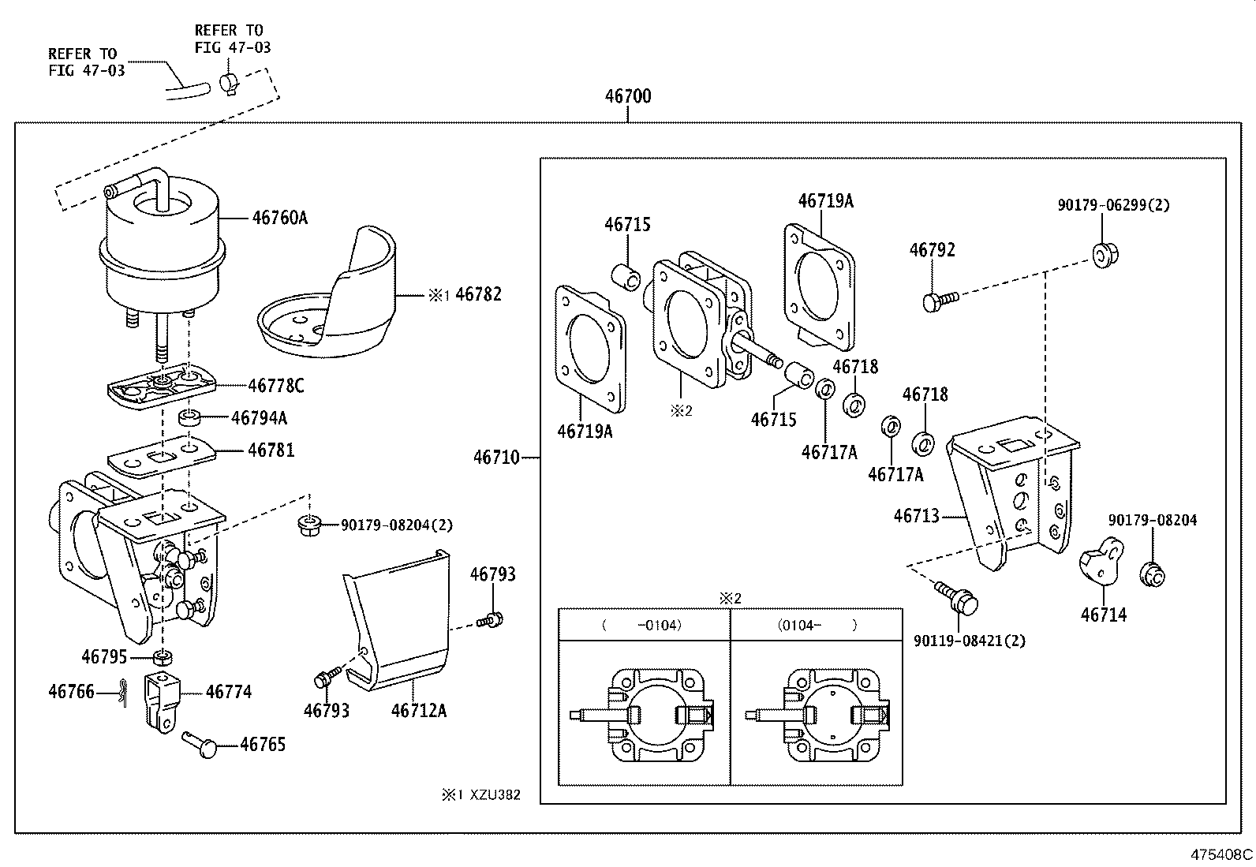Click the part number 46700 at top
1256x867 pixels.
click(628, 97)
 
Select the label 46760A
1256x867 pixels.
click(280, 217)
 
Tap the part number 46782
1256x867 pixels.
click(478, 294)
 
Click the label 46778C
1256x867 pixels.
click(276, 386)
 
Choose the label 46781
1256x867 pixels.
click(271, 450)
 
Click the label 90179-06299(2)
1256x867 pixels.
click(1113, 205)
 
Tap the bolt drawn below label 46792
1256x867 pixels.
click(938, 301)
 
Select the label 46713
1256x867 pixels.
click(916, 516)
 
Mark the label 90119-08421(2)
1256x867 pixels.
click(970, 641)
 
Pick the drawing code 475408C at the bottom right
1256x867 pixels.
click(1222, 854)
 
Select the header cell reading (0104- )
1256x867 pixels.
click(817, 625)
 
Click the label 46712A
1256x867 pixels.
click(419, 711)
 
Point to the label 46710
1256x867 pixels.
click(496, 457)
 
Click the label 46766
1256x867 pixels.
click(71, 692)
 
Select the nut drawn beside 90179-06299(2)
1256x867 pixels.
click(1104, 254)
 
